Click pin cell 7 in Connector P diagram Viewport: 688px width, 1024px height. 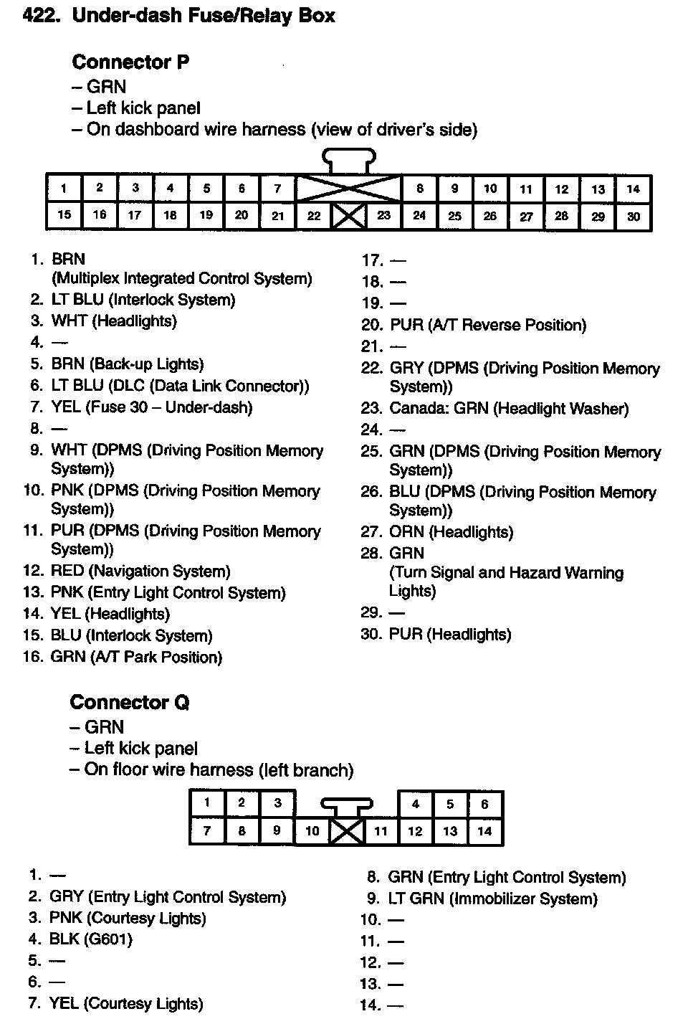click(x=278, y=189)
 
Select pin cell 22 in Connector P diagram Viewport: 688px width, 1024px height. click(x=314, y=216)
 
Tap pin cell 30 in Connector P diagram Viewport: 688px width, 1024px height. click(x=634, y=216)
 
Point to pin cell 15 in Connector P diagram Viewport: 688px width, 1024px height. click(x=64, y=215)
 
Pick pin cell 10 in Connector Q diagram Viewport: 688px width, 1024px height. click(x=312, y=831)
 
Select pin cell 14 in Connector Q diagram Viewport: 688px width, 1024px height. click(x=484, y=831)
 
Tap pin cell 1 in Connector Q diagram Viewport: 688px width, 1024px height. click(x=207, y=803)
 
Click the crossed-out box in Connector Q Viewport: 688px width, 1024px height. click(x=348, y=832)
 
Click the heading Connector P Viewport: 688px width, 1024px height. click(x=130, y=62)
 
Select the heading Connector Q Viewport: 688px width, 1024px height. click(x=129, y=702)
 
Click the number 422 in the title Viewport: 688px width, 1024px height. click(x=41, y=16)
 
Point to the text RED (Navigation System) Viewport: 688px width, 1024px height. click(x=140, y=572)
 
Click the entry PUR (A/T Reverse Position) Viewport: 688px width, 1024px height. click(x=487, y=326)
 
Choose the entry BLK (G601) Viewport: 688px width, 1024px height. click(x=90, y=939)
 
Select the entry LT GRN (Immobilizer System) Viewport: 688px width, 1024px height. click(x=492, y=899)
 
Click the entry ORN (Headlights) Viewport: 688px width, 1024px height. click(x=451, y=532)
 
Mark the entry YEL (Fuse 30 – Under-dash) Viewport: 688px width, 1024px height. click(x=151, y=407)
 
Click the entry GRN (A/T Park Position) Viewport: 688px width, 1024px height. click(x=136, y=657)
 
